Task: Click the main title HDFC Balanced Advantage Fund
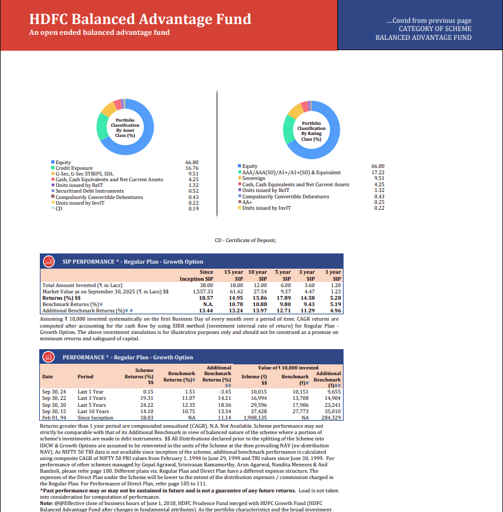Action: click(x=140, y=20)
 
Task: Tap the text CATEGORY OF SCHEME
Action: click(x=435, y=29)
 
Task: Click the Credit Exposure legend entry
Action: click(x=74, y=168)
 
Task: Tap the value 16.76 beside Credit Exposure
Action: click(x=192, y=168)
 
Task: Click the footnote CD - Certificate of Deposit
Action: click(x=251, y=240)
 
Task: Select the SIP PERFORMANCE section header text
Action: click(x=133, y=261)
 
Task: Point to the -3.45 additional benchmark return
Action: click(x=225, y=392)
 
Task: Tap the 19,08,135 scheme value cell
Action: click(x=256, y=418)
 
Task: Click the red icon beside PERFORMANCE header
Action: click(x=48, y=357)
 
